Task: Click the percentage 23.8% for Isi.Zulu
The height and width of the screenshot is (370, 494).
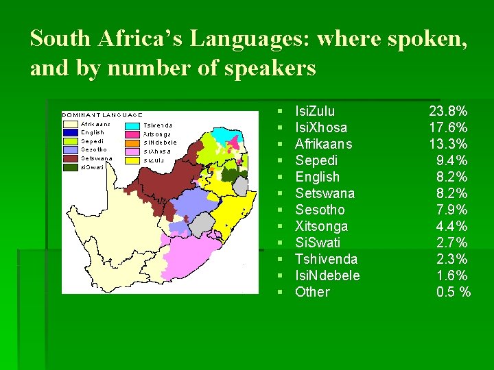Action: [x=448, y=111]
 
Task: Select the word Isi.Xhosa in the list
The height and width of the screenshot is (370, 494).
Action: [x=320, y=127]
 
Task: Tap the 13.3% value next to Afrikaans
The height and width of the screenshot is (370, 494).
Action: [x=448, y=144]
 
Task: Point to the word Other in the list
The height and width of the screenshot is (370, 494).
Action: [x=312, y=292]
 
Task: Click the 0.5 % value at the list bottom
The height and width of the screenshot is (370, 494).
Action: [x=454, y=292]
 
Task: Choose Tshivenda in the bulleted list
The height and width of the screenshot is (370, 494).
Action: [x=326, y=259]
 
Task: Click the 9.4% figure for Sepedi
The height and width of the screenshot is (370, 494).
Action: [x=452, y=160]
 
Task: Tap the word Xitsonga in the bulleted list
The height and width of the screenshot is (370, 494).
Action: [x=321, y=226]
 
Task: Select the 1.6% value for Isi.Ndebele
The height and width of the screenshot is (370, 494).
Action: [x=452, y=275]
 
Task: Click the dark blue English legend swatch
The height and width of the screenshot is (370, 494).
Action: [x=70, y=132]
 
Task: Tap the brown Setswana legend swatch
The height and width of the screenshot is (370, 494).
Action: [x=70, y=158]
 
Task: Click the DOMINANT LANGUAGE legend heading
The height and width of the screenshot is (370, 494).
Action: [x=103, y=114]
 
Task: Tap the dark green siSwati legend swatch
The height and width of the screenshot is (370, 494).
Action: [x=70, y=166]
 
